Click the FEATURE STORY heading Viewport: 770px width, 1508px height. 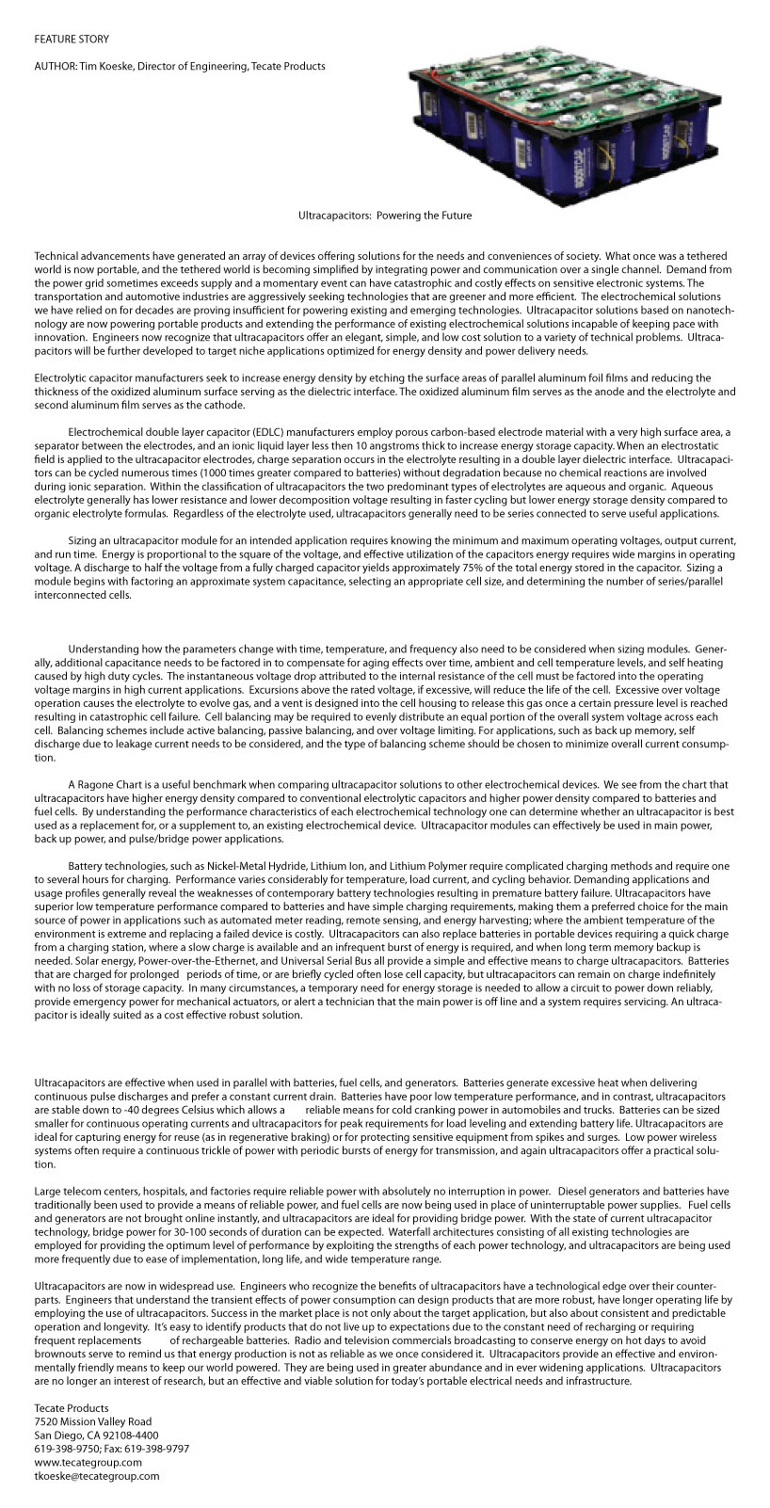click(72, 40)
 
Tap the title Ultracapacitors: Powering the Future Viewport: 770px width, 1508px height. click(385, 216)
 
